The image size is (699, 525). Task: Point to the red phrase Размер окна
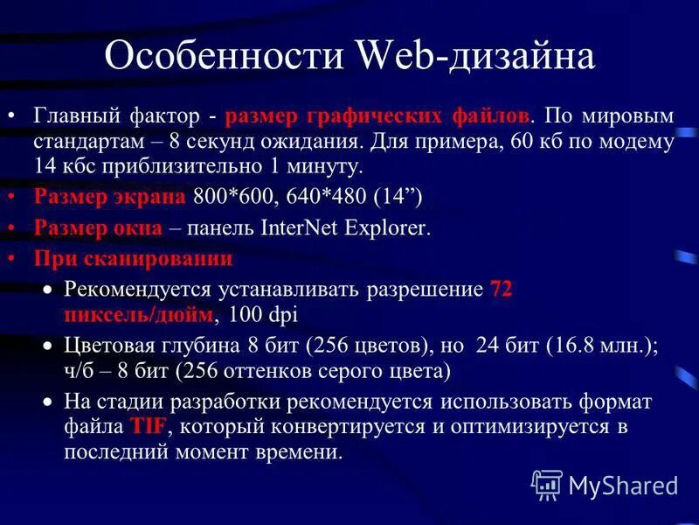click(x=98, y=228)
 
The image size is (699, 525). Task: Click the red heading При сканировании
click(x=133, y=259)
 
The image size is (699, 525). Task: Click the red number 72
click(x=502, y=289)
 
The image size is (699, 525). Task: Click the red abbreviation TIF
click(x=149, y=428)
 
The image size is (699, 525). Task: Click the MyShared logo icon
click(x=546, y=484)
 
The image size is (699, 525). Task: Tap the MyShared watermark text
click(x=623, y=485)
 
